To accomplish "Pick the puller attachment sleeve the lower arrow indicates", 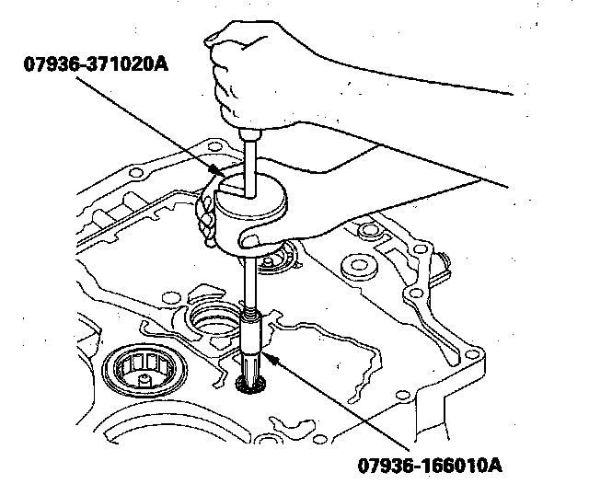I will click(254, 335).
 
